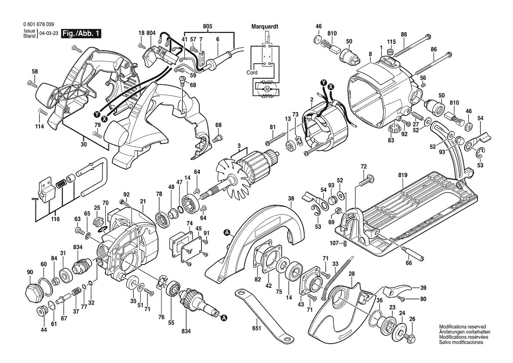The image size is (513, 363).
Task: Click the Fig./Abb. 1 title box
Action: pyautogui.click(x=81, y=34)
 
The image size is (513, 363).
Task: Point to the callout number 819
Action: pyautogui.click(x=403, y=175)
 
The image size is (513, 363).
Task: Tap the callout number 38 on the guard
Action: pyautogui.click(x=291, y=198)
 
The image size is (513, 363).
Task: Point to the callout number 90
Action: pyautogui.click(x=30, y=272)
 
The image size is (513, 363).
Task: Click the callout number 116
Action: pyautogui.click(x=55, y=218)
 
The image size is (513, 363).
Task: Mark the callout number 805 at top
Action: pyautogui.click(x=208, y=26)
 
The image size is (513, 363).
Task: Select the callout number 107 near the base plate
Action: pyautogui.click(x=334, y=243)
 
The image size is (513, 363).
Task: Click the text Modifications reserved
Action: pyautogui.click(x=462, y=327)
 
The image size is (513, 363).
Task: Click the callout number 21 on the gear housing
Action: pyautogui.click(x=143, y=202)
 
